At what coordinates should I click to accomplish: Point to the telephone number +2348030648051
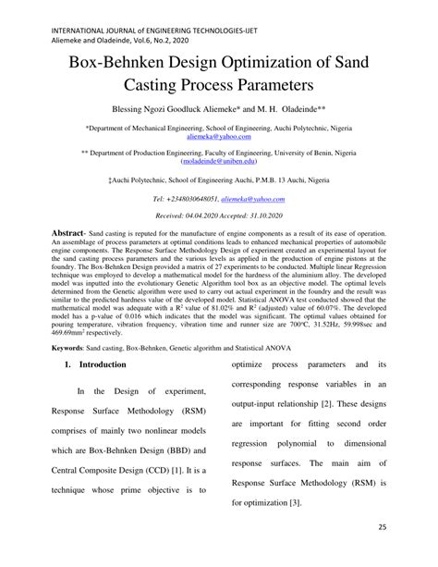(184, 224)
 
